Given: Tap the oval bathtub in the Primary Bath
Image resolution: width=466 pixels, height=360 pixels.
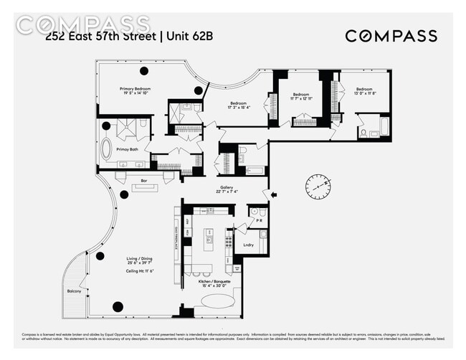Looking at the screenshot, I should coord(106,150).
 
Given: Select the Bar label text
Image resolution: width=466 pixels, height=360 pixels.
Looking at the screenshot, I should coord(143,181).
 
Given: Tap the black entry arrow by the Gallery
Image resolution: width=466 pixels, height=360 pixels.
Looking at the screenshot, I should coord(272,194).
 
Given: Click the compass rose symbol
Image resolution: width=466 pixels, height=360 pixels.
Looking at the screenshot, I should coord(318,187).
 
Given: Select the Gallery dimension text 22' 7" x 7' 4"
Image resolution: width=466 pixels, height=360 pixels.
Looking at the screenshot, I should coord(227,191).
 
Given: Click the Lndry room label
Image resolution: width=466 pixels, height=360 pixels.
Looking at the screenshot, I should coord(248,245).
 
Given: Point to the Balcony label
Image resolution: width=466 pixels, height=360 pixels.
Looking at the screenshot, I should coord(74,291).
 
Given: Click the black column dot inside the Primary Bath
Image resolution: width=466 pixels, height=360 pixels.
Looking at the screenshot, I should coord(106,126).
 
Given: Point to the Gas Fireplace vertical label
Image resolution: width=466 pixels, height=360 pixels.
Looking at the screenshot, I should coord(176,234).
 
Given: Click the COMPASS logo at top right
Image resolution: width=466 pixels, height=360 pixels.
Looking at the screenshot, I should coord(391,37).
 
